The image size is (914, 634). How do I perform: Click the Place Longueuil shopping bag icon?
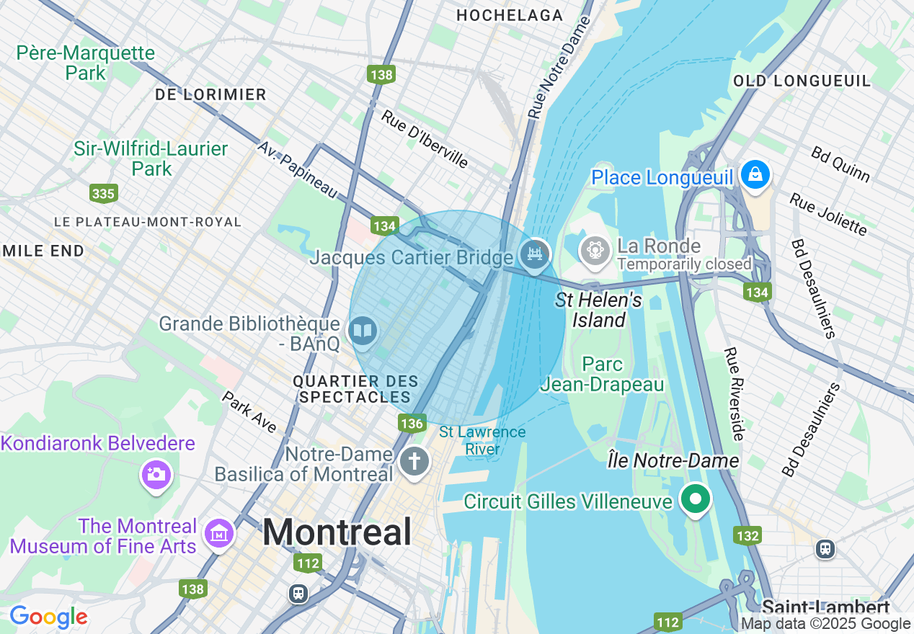(755, 175)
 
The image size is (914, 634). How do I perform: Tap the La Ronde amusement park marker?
(595, 250)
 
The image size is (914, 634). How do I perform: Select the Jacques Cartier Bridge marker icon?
(534, 254)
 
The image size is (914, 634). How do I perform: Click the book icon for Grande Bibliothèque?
(363, 331)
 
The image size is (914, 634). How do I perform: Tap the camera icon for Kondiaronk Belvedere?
(156, 474)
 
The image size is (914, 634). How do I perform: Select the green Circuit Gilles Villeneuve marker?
(695, 499)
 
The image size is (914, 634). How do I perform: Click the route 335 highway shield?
(104, 193)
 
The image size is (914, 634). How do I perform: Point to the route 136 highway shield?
(412, 423)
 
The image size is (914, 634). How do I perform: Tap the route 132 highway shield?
(747, 535)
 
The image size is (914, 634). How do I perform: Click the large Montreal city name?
(337, 533)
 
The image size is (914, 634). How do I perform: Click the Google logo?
(48, 617)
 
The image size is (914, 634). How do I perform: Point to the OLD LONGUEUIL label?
(802, 81)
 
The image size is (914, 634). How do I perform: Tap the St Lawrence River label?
(482, 440)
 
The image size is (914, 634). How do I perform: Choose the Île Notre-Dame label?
(673, 460)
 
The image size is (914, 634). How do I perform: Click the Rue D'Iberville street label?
(425, 138)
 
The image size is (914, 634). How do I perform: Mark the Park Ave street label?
(249, 412)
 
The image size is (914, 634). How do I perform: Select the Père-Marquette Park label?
(85, 63)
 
